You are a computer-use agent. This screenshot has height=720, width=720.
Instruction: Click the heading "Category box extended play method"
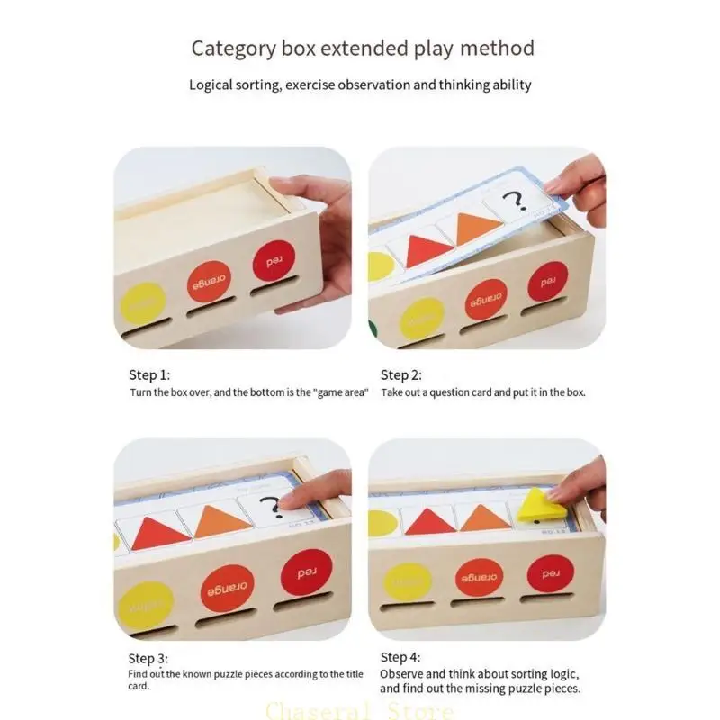[362, 48]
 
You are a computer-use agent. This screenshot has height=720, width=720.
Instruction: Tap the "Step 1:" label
[148, 375]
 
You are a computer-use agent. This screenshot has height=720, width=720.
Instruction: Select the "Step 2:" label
[400, 375]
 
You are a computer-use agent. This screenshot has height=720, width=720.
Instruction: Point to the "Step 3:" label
[148, 659]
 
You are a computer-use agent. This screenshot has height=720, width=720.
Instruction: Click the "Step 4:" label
[400, 657]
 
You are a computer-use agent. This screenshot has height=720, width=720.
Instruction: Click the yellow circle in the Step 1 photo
[143, 303]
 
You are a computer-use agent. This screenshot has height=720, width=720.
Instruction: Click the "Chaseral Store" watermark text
[360, 711]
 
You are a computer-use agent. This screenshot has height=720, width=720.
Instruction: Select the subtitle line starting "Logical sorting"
[360, 85]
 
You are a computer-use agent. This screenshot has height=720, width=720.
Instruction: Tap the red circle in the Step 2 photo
[547, 281]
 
